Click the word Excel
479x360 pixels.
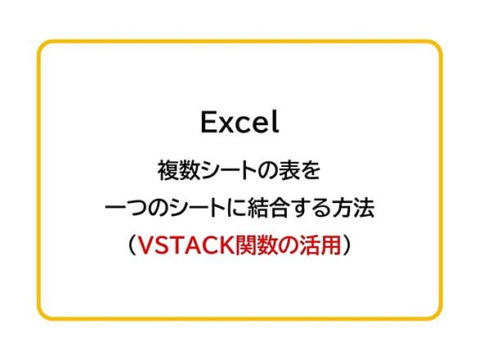pyautogui.click(x=239, y=122)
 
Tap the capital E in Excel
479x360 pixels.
pyautogui.click(x=208, y=122)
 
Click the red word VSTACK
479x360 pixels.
pyautogui.click(x=186, y=245)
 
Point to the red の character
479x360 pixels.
pyautogui.click(x=288, y=245)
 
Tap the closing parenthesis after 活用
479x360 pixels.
pyautogui.click(x=347, y=245)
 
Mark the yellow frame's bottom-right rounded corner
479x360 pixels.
pyautogui.click(x=436, y=315)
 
